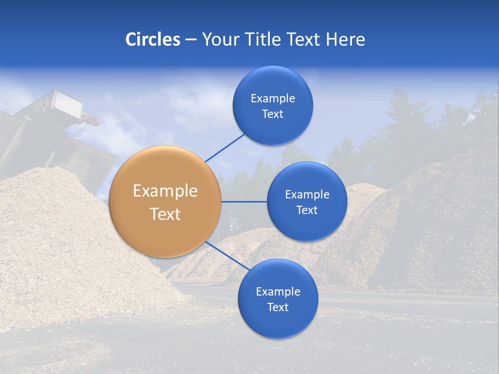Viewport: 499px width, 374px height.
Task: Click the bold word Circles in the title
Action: [153, 39]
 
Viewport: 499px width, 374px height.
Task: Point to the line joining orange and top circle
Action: [225, 148]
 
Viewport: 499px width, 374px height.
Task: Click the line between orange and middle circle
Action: [244, 202]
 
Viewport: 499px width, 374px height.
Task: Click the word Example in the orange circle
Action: [165, 191]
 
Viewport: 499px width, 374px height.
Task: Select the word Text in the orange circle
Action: [165, 214]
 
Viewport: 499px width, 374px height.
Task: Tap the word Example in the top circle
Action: [273, 99]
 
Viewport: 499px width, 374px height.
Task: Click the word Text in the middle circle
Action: [307, 210]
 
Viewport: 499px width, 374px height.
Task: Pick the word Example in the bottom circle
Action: [278, 291]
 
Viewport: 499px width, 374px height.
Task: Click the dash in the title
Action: [190, 40]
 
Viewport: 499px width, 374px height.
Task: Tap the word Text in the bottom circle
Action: [278, 307]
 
